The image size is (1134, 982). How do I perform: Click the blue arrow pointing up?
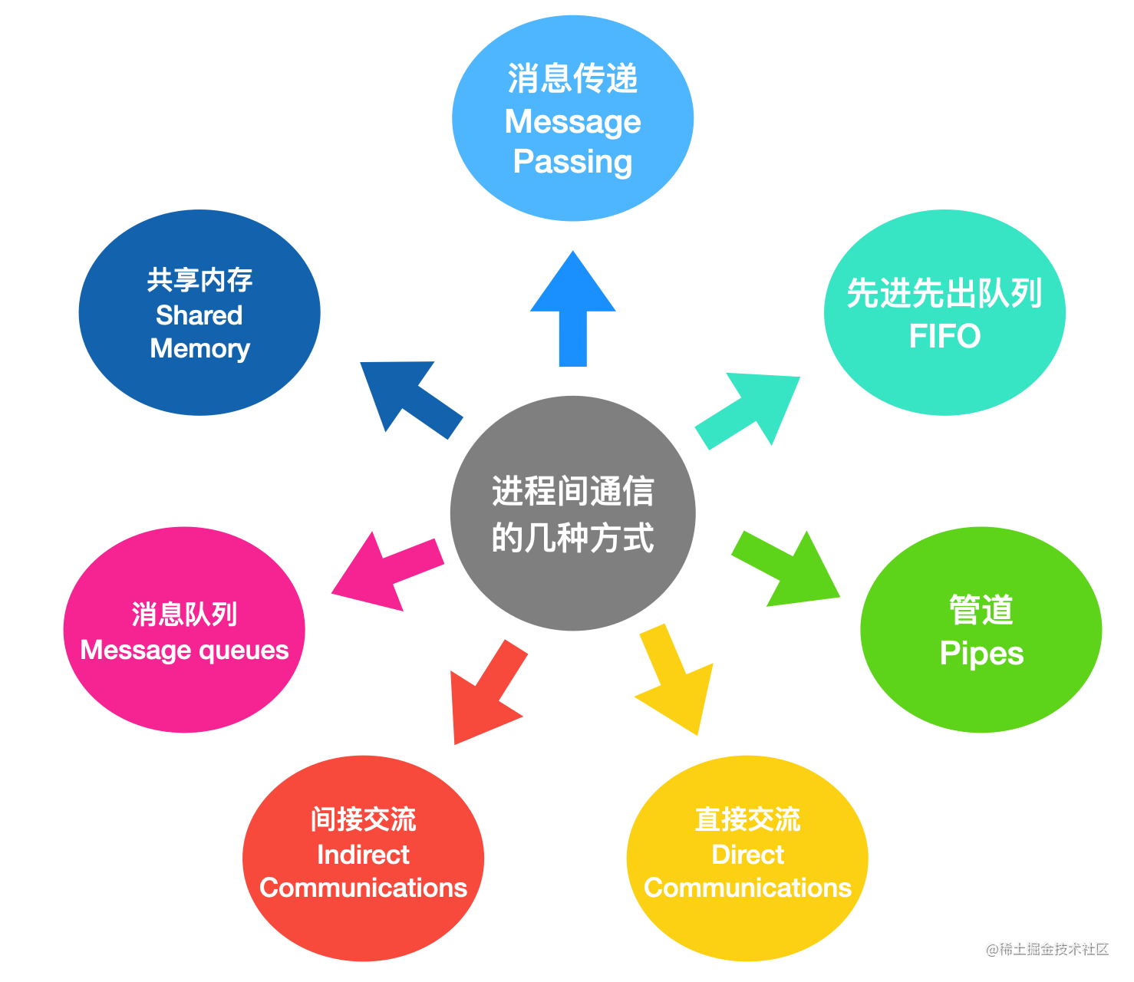click(573, 310)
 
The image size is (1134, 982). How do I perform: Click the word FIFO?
click(944, 336)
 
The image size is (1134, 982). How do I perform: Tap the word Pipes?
click(981, 654)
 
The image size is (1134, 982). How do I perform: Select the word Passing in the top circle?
click(573, 163)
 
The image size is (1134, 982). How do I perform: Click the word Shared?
click(199, 315)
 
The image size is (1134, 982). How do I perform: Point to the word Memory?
click(200, 350)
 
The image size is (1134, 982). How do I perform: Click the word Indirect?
click(363, 855)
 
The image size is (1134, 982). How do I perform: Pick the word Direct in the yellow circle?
click(748, 855)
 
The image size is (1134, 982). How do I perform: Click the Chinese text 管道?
click(981, 609)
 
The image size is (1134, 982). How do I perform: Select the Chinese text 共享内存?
click(199, 280)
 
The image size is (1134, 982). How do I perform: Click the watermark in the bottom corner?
click(1047, 949)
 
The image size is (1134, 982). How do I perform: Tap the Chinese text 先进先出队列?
click(944, 293)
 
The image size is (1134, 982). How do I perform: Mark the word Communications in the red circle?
click(363, 888)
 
